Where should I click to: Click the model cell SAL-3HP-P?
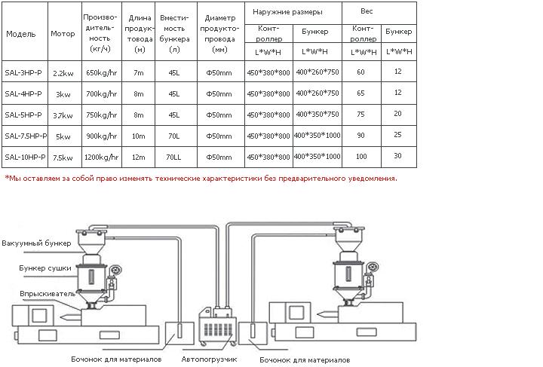[x=23, y=72]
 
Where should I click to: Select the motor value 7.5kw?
[x=63, y=158]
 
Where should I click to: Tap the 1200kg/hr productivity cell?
[x=102, y=158]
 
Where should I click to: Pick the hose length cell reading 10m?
[x=139, y=136]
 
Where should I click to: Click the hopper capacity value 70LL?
[x=173, y=158]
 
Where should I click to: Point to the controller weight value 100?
[x=361, y=156]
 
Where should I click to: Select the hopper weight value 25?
[x=397, y=135]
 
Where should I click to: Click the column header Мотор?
[x=63, y=34]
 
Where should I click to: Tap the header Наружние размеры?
[x=287, y=12]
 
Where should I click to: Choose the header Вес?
[x=367, y=11]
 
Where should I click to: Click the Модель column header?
[x=21, y=34]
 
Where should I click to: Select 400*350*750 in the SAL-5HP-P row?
[x=318, y=114]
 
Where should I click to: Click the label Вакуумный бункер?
[x=36, y=243]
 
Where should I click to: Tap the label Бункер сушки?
[x=45, y=268]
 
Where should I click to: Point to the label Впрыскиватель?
[x=48, y=294]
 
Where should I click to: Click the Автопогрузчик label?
[x=209, y=359]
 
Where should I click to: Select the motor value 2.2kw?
[x=63, y=73]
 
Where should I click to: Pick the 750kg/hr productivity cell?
[x=102, y=115]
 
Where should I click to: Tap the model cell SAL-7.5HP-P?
[x=26, y=136]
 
